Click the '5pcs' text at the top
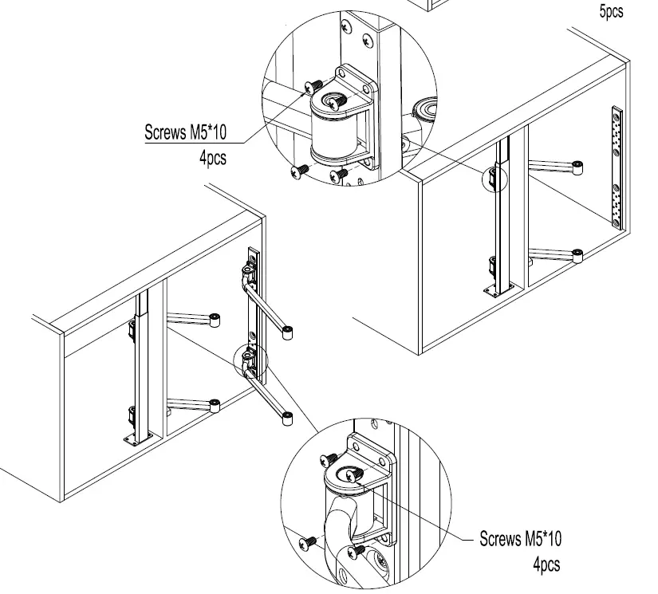click(610, 11)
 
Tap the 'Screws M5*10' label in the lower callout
click(526, 539)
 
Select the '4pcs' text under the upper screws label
click(212, 158)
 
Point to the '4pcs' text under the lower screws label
click(546, 564)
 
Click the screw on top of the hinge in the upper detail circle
click(333, 100)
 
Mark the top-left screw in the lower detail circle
click(329, 458)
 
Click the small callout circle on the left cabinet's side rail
click(251, 360)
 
